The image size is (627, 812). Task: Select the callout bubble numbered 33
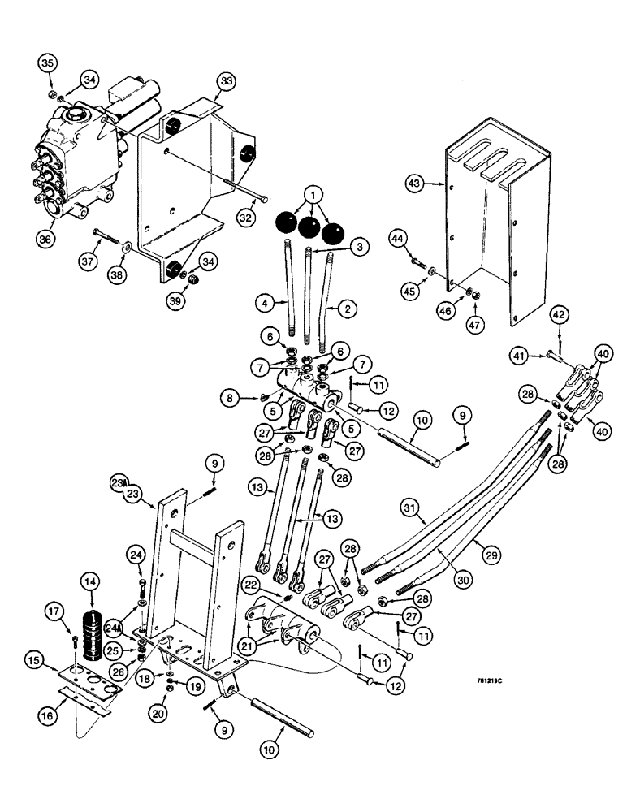[x=226, y=82]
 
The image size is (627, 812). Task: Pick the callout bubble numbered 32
[x=247, y=218]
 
